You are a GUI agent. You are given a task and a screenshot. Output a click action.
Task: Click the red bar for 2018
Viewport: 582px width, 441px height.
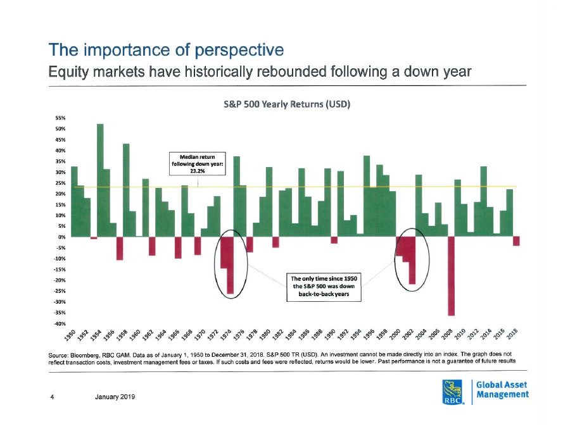(x=516, y=241)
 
